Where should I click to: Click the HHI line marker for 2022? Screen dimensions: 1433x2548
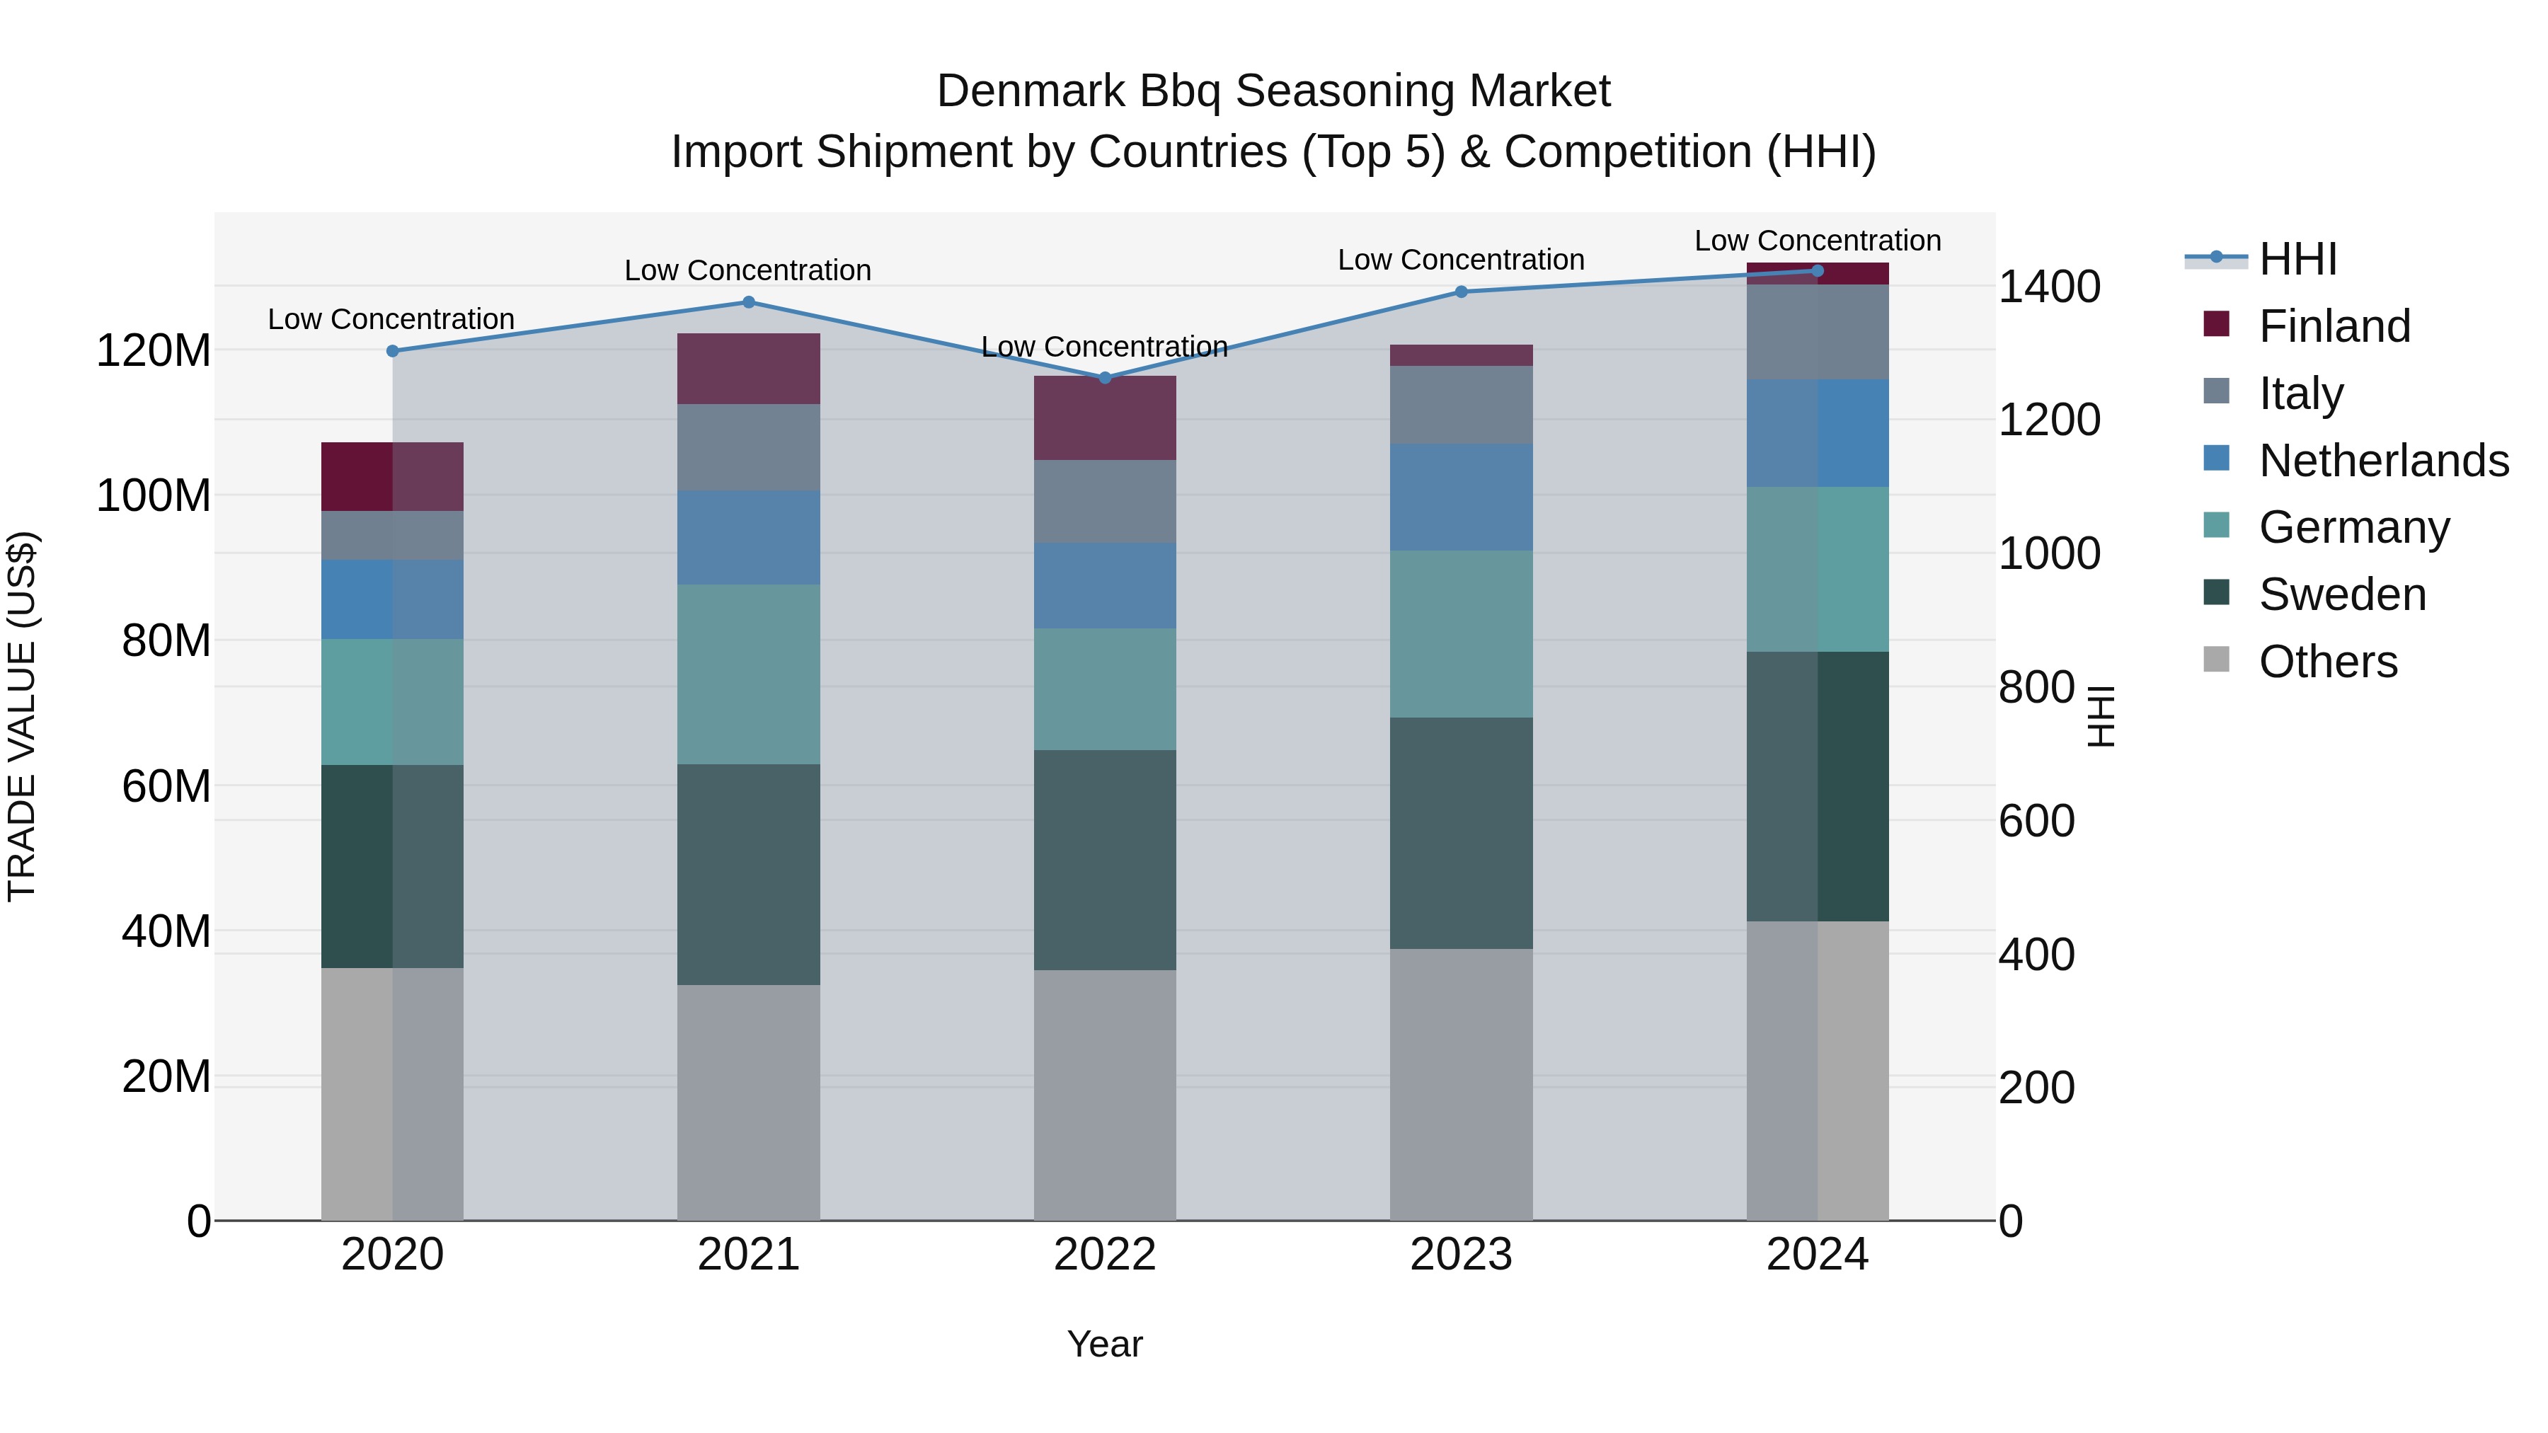pyautogui.click(x=1105, y=378)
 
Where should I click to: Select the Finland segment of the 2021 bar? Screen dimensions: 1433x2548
pyautogui.click(x=749, y=369)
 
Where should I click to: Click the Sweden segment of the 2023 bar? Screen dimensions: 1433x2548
pyautogui.click(x=1461, y=833)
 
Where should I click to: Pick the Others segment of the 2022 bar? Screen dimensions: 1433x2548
pyautogui.click(x=1105, y=1095)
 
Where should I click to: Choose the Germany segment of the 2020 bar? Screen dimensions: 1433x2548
pyautogui.click(x=393, y=702)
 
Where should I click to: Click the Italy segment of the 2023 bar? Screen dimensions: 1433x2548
pyautogui.click(x=1461, y=405)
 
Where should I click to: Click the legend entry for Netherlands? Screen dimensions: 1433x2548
pyautogui.click(x=2383, y=461)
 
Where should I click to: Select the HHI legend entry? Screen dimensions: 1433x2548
pyautogui.click(x=2297, y=259)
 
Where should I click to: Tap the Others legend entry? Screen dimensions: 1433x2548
pyautogui.click(x=2327, y=662)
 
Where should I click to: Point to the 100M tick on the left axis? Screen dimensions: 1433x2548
pyautogui.click(x=154, y=495)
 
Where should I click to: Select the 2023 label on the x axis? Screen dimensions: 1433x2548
pyautogui.click(x=1461, y=1255)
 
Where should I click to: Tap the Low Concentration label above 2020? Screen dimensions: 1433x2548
pyautogui.click(x=391, y=319)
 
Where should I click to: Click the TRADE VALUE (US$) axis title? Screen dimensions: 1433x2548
pyautogui.click(x=22, y=716)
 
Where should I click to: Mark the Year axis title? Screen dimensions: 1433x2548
pyautogui.click(x=1105, y=1344)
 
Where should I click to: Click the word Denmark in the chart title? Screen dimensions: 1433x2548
pyautogui.click(x=1030, y=91)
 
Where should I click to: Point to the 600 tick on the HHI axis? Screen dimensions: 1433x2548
pyautogui.click(x=2036, y=821)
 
